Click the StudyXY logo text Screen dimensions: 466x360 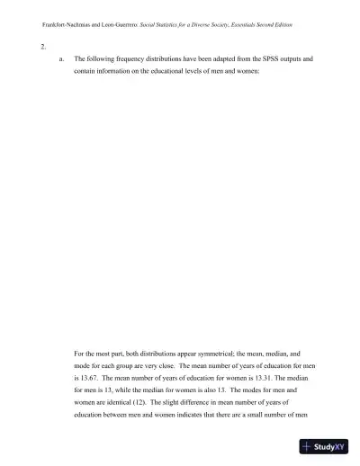330,445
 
